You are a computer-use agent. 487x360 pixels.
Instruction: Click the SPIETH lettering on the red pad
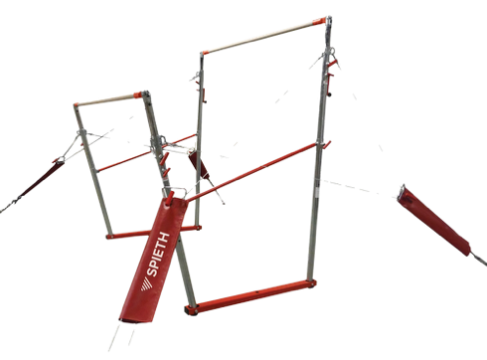[x=158, y=255]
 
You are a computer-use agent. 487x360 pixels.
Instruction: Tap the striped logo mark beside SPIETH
[x=147, y=284]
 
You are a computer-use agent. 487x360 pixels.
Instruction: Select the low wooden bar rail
[x=105, y=99]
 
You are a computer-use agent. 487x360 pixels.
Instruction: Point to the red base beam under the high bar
[x=250, y=297]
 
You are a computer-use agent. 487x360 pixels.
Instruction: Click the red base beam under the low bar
[x=154, y=232]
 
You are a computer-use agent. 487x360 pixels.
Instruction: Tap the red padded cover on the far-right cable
[x=434, y=221]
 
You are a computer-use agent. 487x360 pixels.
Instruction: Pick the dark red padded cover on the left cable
[x=42, y=179]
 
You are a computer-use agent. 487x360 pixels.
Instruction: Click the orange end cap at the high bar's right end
[x=318, y=22]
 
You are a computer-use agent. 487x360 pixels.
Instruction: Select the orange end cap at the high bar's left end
[x=204, y=53]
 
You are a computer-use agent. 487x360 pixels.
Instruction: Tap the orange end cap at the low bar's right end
[x=137, y=95]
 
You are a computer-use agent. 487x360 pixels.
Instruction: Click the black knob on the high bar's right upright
[x=330, y=95]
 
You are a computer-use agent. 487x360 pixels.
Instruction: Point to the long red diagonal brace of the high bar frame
[x=251, y=172]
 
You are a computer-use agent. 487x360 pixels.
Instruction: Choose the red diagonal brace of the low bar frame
[x=147, y=153]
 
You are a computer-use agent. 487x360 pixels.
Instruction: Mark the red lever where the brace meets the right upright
[x=326, y=145]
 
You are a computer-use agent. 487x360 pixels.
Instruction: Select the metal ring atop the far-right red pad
[x=403, y=190]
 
